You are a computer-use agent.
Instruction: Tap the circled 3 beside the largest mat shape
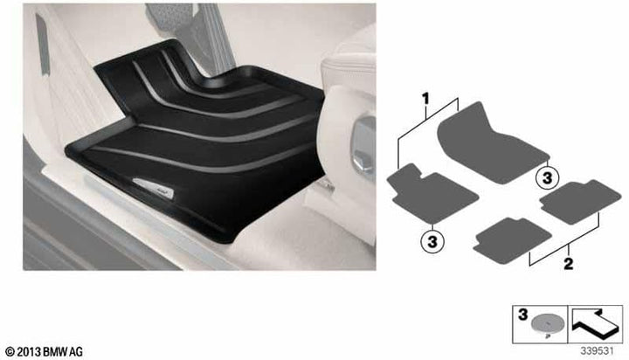point(546,177)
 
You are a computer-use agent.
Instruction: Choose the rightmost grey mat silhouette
point(573,202)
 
